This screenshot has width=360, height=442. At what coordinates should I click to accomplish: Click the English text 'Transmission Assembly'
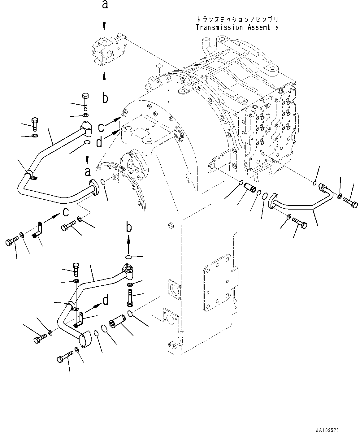[x=237, y=27]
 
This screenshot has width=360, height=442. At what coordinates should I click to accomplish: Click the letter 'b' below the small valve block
[x=105, y=98]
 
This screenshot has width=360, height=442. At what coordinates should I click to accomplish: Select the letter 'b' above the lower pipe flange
[x=128, y=227]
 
